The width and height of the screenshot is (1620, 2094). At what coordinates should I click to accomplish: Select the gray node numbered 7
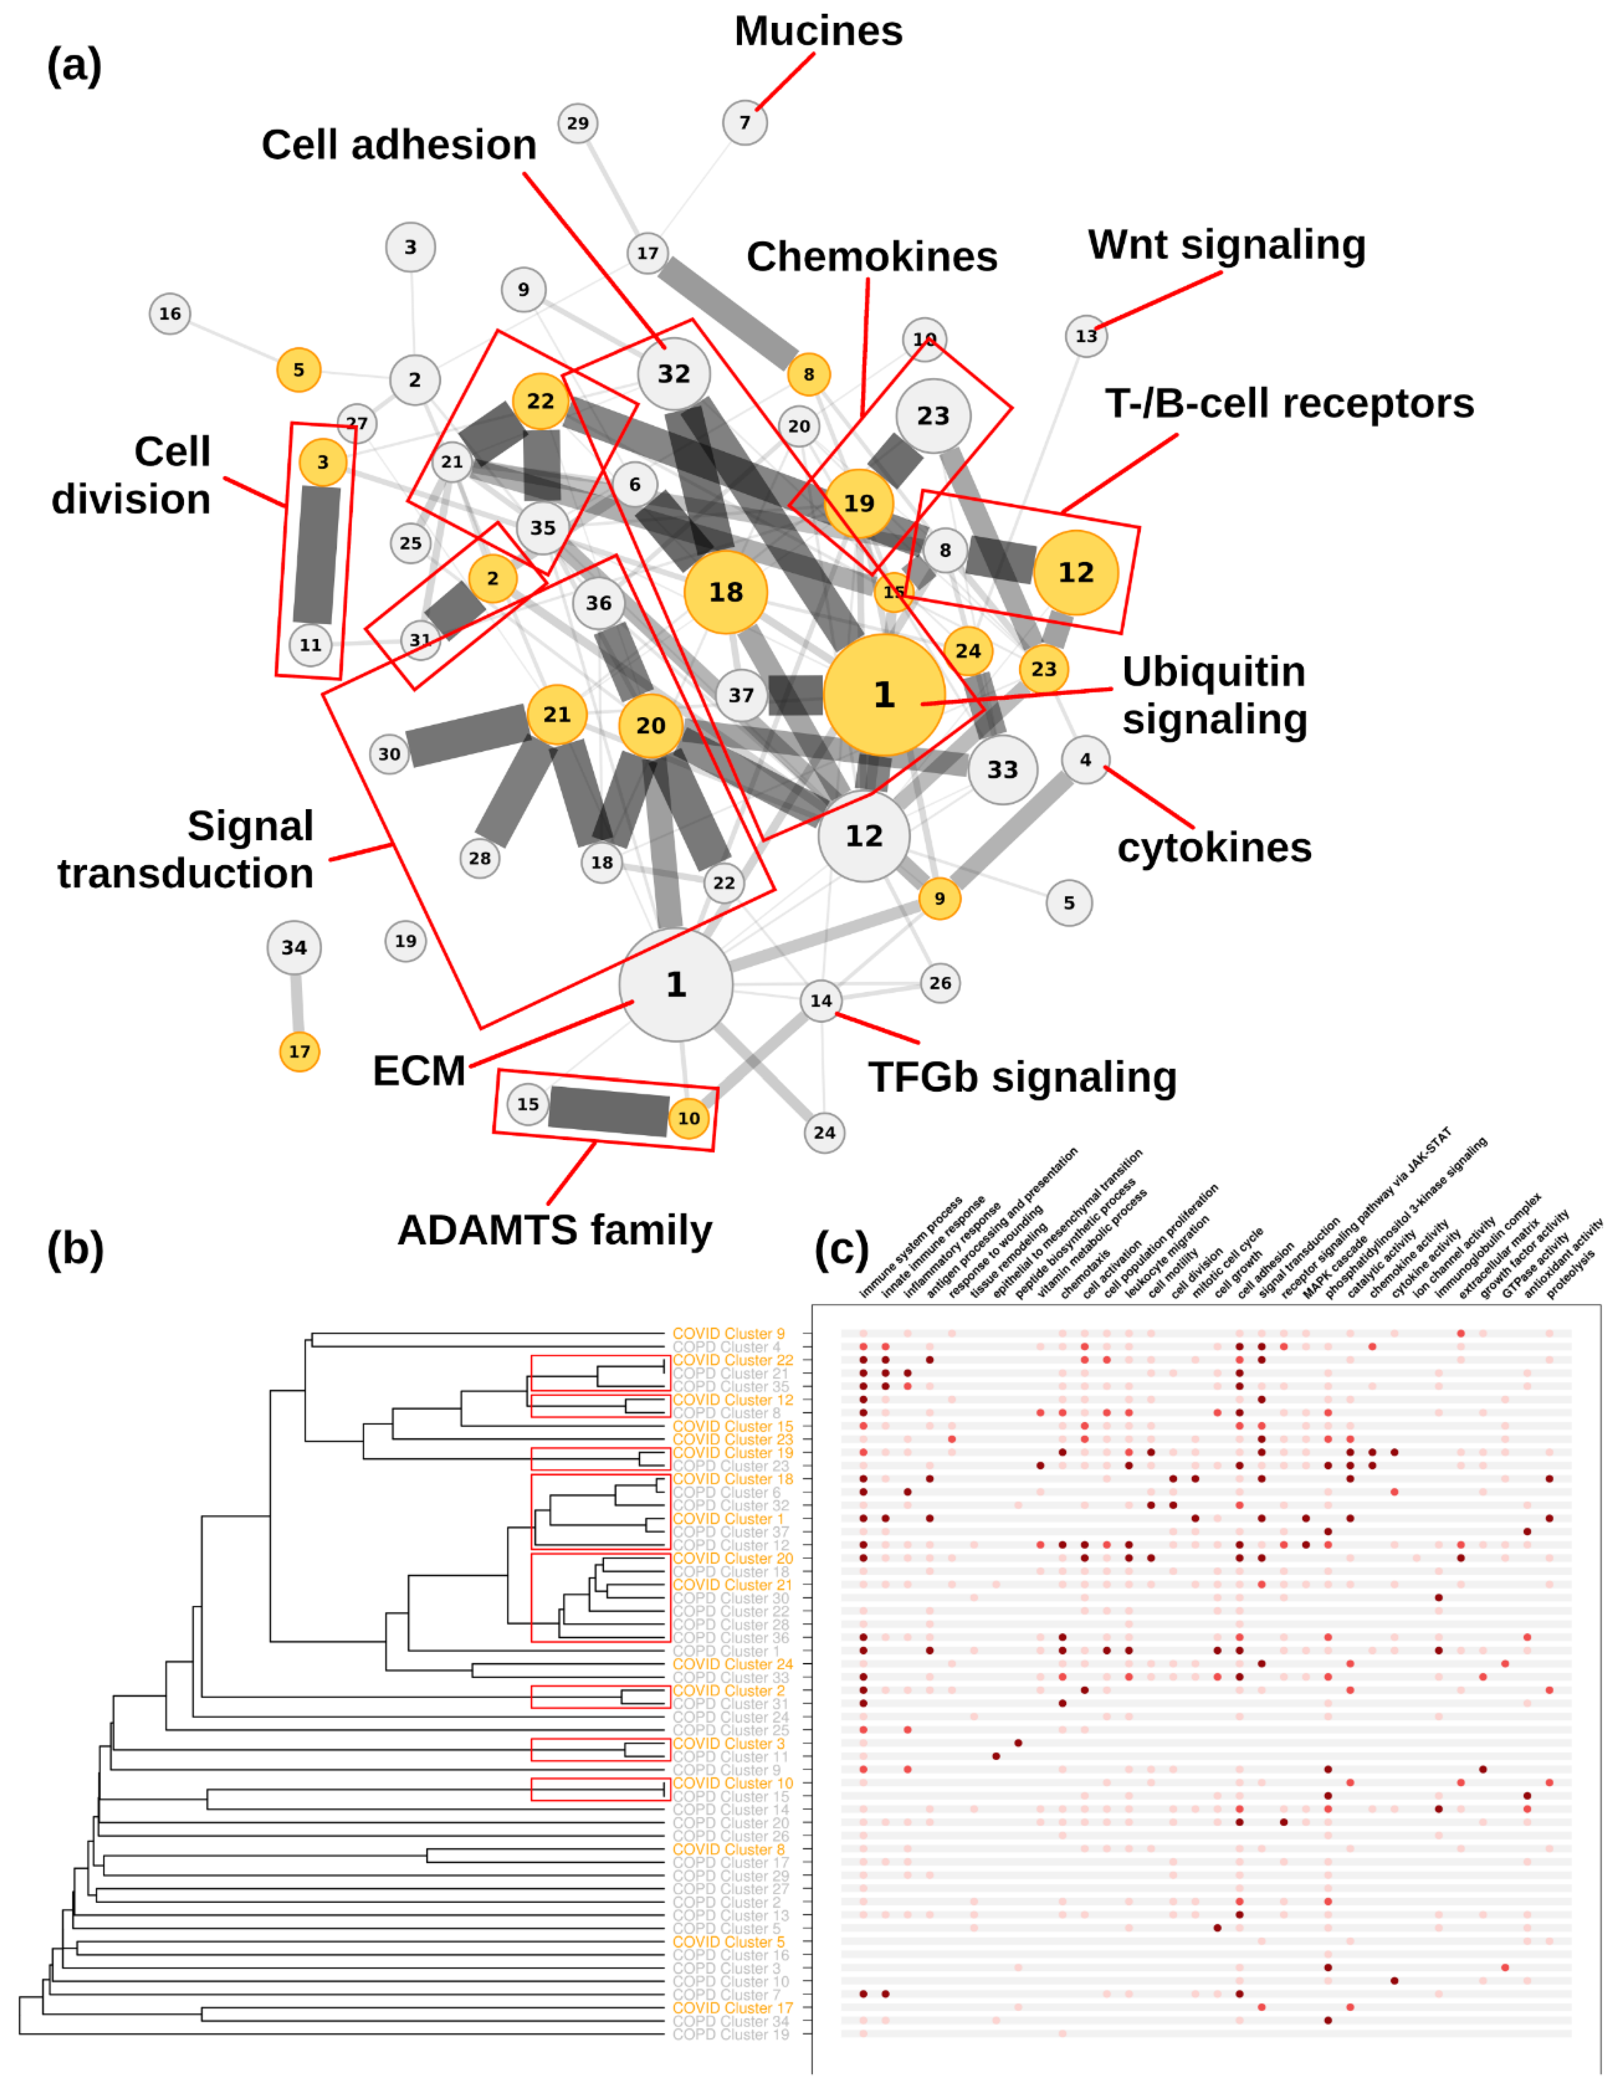click(744, 123)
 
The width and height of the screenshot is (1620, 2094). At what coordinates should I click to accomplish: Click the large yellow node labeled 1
click(883, 694)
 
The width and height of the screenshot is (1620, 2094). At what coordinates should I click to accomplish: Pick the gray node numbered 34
click(293, 947)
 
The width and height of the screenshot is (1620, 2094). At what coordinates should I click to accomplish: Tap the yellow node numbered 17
click(299, 1052)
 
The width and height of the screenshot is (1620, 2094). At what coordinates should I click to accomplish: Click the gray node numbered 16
click(170, 313)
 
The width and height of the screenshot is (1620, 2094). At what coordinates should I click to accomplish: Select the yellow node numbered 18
click(725, 592)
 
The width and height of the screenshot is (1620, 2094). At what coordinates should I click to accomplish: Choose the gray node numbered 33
click(1002, 769)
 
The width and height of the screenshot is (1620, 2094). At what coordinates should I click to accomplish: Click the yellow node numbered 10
click(689, 1118)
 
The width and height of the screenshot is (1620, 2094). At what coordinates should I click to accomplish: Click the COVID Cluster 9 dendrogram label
click(728, 1333)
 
